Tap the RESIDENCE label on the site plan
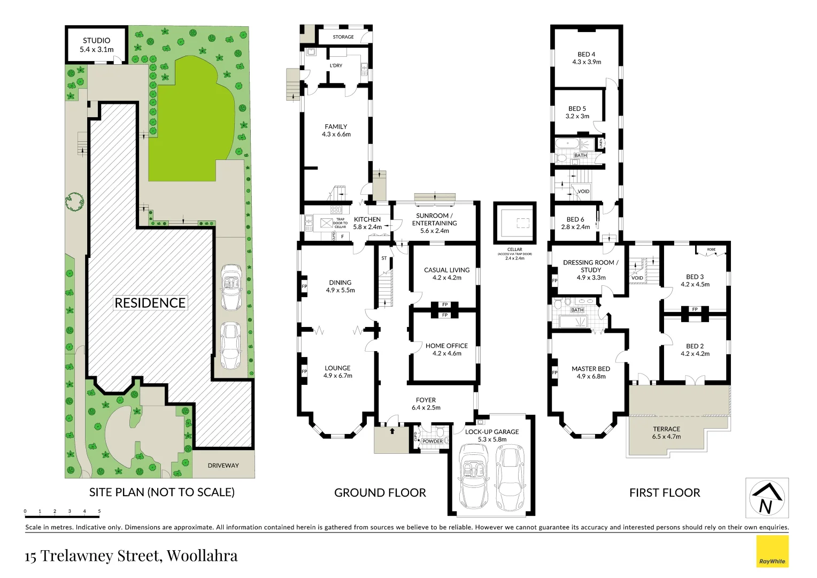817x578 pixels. coord(150,303)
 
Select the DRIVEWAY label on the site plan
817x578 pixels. coord(223,466)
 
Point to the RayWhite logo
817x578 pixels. coord(772,552)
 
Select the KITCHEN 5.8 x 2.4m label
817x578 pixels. coord(367,223)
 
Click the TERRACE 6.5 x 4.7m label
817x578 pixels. coord(666,432)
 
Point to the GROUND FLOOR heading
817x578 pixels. coord(380,492)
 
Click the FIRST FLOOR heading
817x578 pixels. coord(665,492)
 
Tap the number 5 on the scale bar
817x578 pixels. coord(99,511)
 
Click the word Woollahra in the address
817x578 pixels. coord(202,556)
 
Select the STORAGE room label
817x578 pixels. coord(343,37)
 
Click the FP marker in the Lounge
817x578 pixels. coord(304,371)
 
